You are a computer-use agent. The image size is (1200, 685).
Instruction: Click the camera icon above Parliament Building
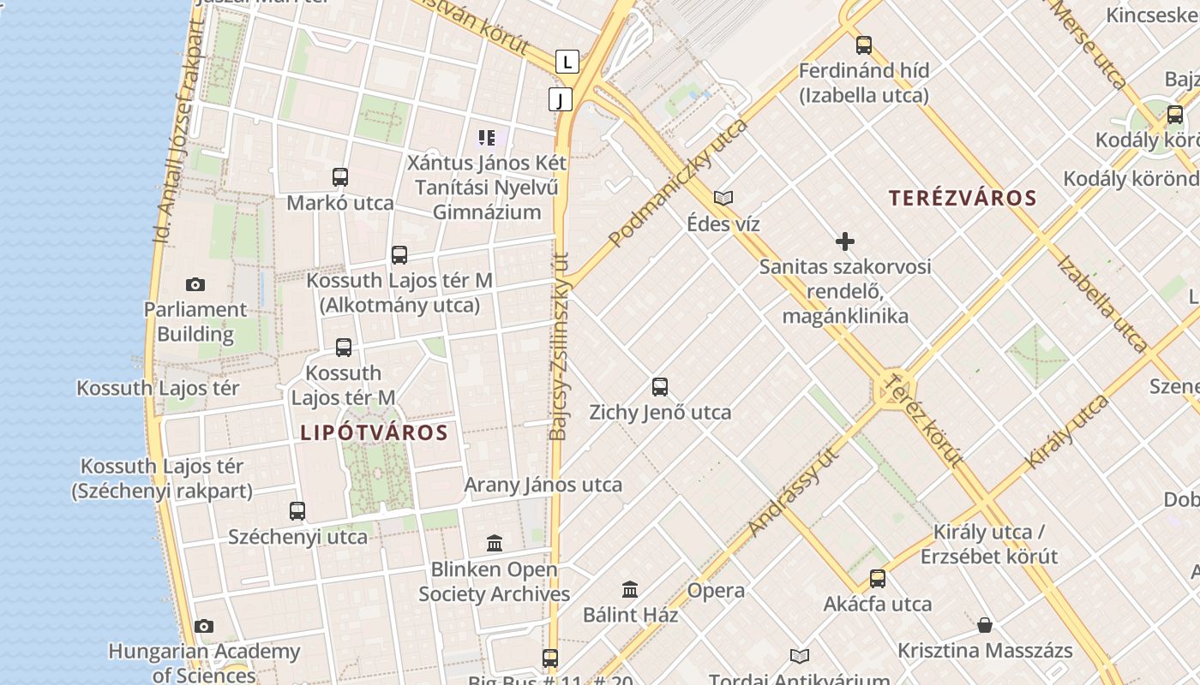point(195,284)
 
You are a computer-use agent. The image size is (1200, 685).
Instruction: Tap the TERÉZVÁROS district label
point(963,199)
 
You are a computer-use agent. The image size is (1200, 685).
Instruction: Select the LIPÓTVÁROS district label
point(374,433)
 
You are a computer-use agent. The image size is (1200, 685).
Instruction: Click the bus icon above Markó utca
point(340,177)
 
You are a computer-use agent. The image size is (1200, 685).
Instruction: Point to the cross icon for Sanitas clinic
point(845,241)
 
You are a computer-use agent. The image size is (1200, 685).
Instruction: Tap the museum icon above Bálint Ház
point(630,589)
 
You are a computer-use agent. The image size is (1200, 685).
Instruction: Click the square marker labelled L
point(567,62)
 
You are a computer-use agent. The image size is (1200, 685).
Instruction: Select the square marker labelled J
point(561,100)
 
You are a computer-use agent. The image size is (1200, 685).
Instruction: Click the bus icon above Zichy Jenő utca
point(660,386)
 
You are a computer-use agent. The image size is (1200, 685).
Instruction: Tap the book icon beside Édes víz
point(723,199)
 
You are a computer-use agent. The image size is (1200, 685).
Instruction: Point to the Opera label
point(716,591)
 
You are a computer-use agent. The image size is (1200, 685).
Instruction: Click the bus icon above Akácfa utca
point(878,578)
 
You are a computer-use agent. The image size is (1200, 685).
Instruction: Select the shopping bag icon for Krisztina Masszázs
point(985,625)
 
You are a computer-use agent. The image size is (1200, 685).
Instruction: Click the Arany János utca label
point(543,485)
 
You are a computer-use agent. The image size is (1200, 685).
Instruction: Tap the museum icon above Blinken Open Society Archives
point(495,543)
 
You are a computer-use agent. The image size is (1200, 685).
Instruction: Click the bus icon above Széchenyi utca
point(297,511)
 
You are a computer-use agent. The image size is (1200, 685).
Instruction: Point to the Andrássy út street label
point(792,494)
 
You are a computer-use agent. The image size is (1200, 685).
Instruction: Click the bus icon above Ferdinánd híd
point(864,45)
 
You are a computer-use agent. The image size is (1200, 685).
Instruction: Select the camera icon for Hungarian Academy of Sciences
point(204,627)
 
